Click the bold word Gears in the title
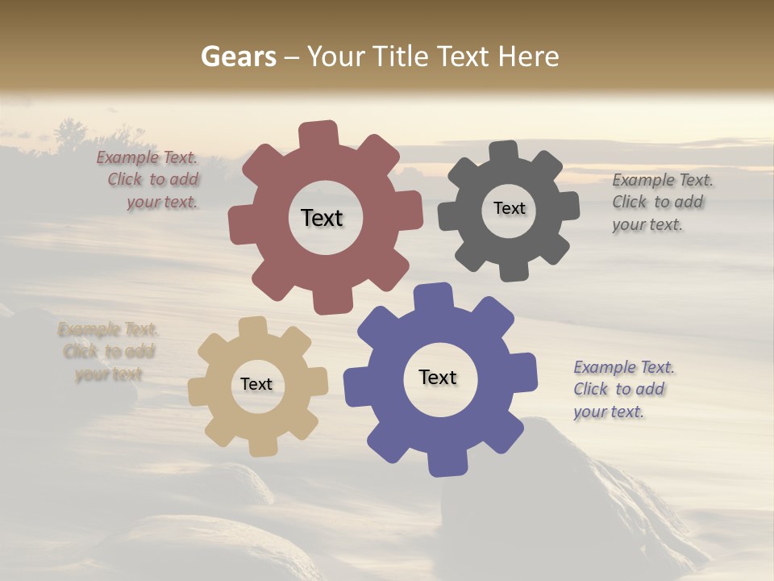pyautogui.click(x=238, y=56)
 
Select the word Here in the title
pyautogui.click(x=528, y=56)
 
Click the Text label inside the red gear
pyautogui.click(x=322, y=218)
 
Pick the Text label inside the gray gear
pyautogui.click(x=509, y=208)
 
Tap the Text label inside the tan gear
pyautogui.click(x=256, y=384)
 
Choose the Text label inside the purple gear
pyautogui.click(x=438, y=377)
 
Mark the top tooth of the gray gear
pyautogui.click(x=503, y=152)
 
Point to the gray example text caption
pyautogui.click(x=661, y=202)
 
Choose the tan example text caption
pyautogui.click(x=107, y=352)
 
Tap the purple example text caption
pyautogui.click(x=622, y=389)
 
